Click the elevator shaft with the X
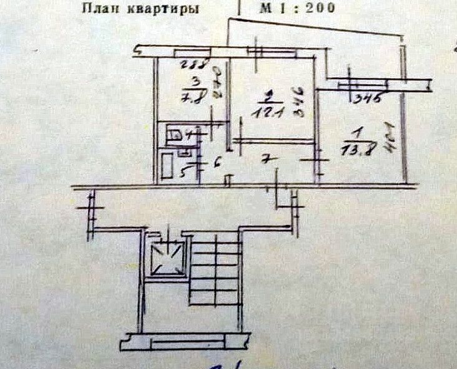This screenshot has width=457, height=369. [x=167, y=257]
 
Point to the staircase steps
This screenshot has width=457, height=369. [x=215, y=274]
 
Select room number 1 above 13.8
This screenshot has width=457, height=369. [x=355, y=132]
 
